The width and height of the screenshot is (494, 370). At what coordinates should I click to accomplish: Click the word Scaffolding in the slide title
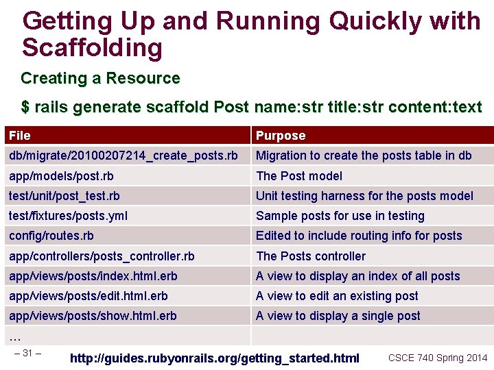pos(92,48)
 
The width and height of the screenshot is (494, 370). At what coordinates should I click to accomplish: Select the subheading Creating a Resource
pos(100,78)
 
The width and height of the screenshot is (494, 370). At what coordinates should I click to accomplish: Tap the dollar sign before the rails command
pos(25,108)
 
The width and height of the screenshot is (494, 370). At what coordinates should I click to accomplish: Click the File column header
pos(20,136)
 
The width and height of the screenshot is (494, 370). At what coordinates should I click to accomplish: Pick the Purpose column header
pos(281,136)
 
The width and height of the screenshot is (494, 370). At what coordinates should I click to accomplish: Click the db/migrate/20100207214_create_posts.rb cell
pos(123,156)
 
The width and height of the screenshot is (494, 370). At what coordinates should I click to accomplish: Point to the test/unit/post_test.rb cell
pos(64,196)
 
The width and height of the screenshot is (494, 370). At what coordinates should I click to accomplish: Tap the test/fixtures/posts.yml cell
pos(68,216)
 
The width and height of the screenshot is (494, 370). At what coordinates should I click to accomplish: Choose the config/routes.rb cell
pos(51,236)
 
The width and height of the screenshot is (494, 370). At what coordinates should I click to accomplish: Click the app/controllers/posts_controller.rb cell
pos(102,256)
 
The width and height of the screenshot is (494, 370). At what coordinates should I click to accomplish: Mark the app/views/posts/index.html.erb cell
pos(93,276)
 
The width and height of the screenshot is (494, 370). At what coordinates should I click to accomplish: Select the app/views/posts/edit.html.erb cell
pos(89,296)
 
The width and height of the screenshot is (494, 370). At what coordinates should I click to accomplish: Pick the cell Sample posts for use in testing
pos(340,216)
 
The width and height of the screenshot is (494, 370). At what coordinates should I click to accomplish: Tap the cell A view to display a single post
pos(338,316)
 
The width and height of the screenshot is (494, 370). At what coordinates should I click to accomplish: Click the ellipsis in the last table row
pos(15,336)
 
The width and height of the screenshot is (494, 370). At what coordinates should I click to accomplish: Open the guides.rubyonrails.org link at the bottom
pos(215,358)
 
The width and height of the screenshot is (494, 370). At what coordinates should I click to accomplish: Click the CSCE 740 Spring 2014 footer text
pos(438,358)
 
